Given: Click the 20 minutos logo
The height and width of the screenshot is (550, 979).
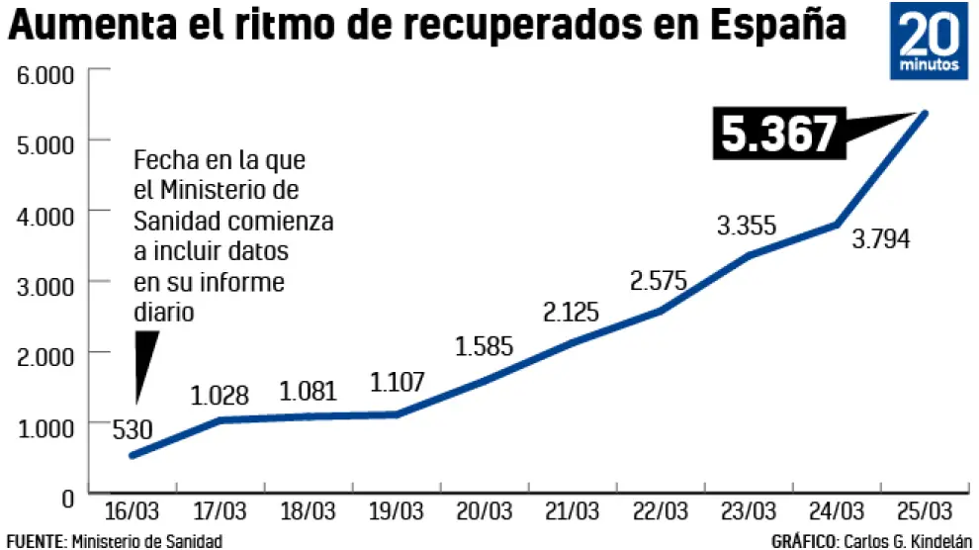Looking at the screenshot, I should pyautogui.click(x=930, y=44).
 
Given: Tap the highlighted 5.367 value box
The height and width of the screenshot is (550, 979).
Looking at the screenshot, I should pyautogui.click(x=779, y=135).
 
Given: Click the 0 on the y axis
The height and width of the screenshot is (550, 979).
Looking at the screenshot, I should pyautogui.click(x=67, y=498).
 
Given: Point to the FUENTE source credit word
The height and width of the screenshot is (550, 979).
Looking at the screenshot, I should pyautogui.click(x=34, y=541).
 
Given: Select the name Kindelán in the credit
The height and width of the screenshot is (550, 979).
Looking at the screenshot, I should pyautogui.click(x=939, y=541).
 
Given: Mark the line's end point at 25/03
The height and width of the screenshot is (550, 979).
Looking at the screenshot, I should pyautogui.click(x=925, y=112).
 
